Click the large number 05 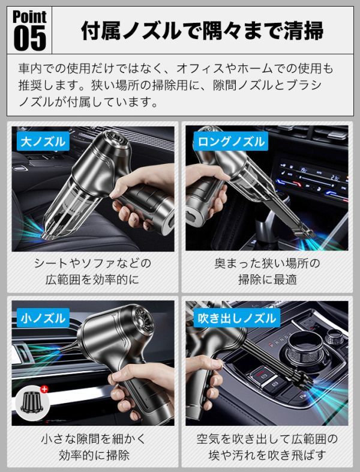tap(29, 38)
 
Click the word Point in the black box tap(29, 15)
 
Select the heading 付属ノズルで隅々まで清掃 tap(202, 29)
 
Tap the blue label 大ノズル tap(42, 142)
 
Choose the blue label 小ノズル tap(42, 318)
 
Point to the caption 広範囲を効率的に tap(92, 280)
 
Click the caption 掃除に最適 tap(268, 280)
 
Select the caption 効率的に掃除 tap(92, 455)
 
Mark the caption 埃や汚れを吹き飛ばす tap(268, 455)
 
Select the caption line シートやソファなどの tap(92, 263)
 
